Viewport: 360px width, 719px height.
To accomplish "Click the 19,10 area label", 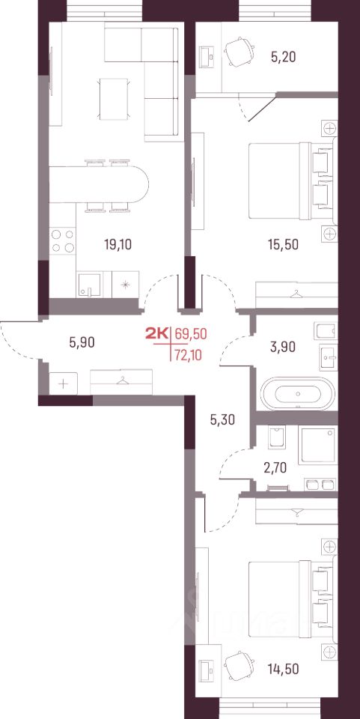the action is (118, 244).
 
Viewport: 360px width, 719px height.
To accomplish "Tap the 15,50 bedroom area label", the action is (283, 244).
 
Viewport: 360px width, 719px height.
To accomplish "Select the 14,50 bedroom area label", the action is (284, 669).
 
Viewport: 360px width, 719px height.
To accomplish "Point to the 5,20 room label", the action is (283, 57).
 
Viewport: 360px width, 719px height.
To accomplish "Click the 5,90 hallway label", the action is (82, 342).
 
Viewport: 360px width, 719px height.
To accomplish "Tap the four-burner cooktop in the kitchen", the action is (63, 240).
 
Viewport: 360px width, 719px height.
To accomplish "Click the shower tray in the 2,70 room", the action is (318, 446).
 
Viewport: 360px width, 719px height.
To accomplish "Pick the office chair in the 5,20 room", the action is (239, 52).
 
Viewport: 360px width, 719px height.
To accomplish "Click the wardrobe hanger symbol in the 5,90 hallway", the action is (121, 380).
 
